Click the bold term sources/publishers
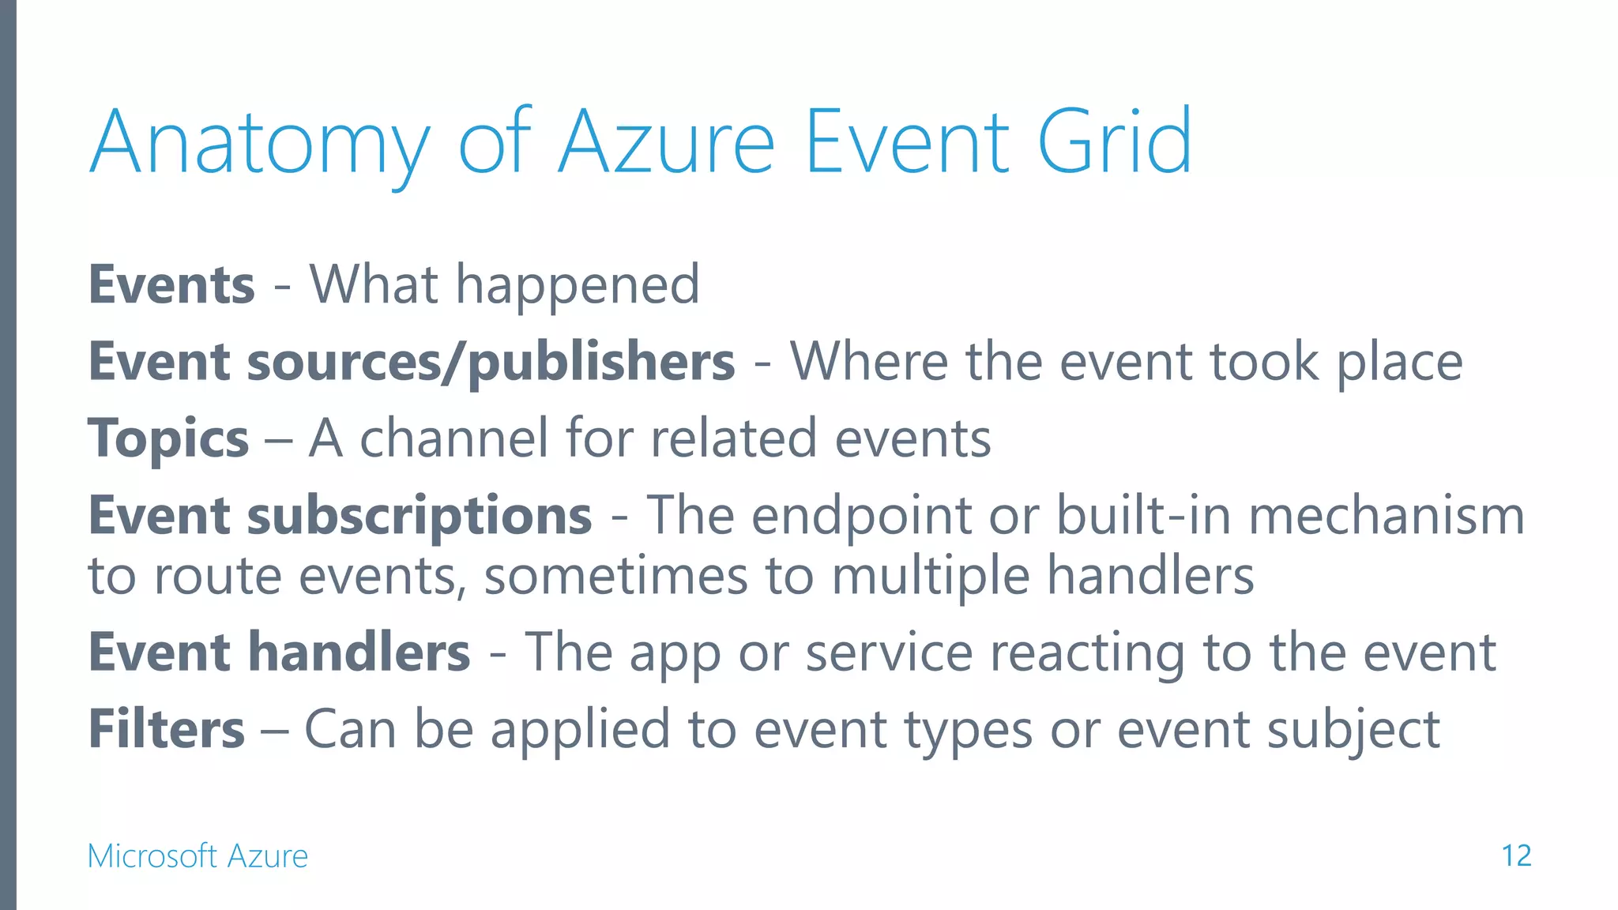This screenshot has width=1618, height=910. [491, 362]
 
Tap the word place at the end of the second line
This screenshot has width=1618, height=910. [1399, 362]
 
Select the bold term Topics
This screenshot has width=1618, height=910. [168, 438]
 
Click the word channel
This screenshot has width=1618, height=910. [453, 438]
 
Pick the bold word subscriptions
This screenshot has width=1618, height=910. [420, 515]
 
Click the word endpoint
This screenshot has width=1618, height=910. [861, 515]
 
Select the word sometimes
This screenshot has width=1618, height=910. [615, 575]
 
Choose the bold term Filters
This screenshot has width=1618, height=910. [167, 728]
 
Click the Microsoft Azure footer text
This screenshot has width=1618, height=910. [198, 855]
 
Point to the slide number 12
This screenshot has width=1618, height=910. [1515, 855]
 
